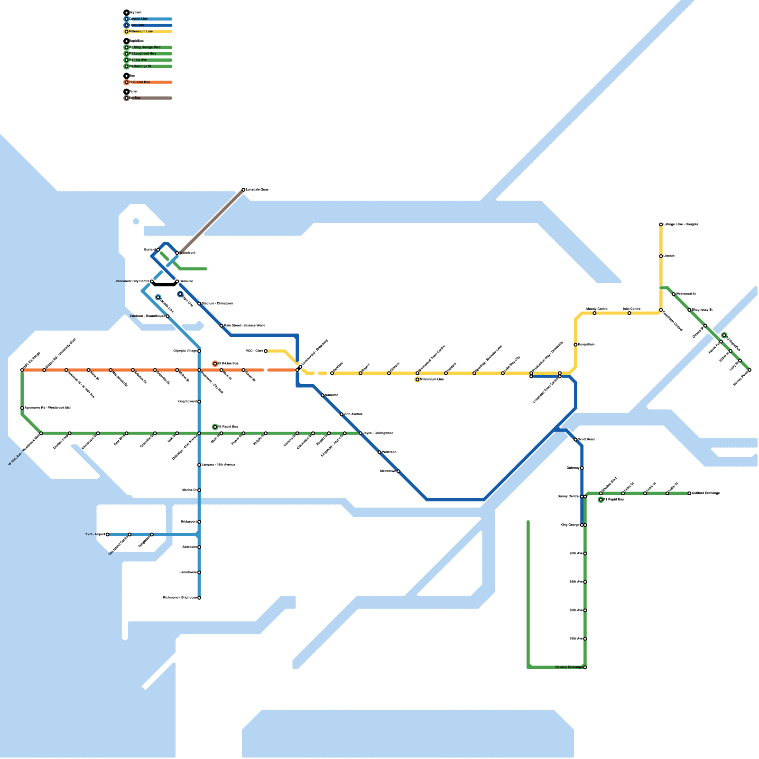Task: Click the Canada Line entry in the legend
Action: click(x=139, y=19)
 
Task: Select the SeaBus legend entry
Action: click(x=135, y=98)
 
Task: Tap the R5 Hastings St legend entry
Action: click(x=140, y=66)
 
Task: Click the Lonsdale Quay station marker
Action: click(x=243, y=190)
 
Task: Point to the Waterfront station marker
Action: click(x=177, y=253)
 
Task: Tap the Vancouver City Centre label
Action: click(x=132, y=281)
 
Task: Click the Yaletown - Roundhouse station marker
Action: click(x=167, y=316)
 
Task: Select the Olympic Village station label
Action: click(x=185, y=351)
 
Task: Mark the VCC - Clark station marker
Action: click(x=266, y=351)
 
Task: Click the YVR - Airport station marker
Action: click(x=108, y=535)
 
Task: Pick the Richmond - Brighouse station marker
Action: click(x=199, y=598)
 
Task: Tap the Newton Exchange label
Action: click(x=569, y=667)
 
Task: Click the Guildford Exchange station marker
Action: click(x=689, y=493)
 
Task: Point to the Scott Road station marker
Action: click(x=575, y=440)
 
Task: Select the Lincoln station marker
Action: click(x=661, y=256)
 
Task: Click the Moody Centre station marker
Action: click(x=594, y=313)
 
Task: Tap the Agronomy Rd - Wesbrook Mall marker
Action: click(x=22, y=408)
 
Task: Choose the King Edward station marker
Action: click(x=199, y=402)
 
